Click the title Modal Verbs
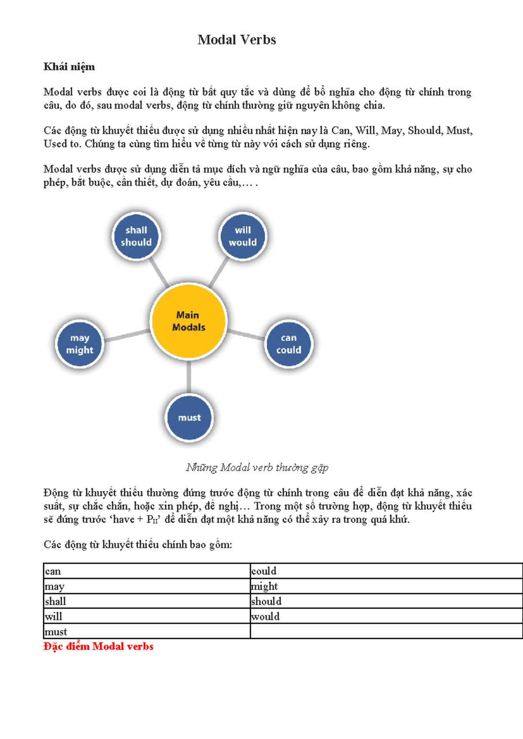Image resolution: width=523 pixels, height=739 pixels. pyautogui.click(x=237, y=40)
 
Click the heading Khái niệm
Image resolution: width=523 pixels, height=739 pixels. pyautogui.click(x=69, y=67)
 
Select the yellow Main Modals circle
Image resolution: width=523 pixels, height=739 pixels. pyautogui.click(x=188, y=321)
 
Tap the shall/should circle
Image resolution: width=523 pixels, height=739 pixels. pyautogui.click(x=136, y=237)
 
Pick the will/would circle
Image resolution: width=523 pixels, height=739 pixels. pyautogui.click(x=242, y=237)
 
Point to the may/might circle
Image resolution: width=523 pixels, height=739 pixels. pyautogui.click(x=80, y=344)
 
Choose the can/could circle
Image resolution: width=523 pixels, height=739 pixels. pyautogui.click(x=289, y=344)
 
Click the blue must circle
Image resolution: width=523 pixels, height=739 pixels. pyautogui.click(x=189, y=417)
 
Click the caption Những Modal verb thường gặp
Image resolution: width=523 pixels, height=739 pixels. pyautogui.click(x=257, y=468)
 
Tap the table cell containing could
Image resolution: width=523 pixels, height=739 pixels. pyautogui.click(x=386, y=571)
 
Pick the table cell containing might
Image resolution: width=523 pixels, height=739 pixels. pyautogui.click(x=386, y=586)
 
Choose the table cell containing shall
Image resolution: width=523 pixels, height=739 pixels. pyautogui.click(x=147, y=601)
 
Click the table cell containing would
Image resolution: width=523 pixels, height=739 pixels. pyautogui.click(x=386, y=616)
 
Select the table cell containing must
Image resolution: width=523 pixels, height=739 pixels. pyautogui.click(x=147, y=631)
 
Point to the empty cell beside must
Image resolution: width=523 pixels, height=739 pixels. pyautogui.click(x=386, y=631)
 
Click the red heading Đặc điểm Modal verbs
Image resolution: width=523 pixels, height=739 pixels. pyautogui.click(x=98, y=646)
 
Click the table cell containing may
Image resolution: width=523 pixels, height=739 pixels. pyautogui.click(x=147, y=586)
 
